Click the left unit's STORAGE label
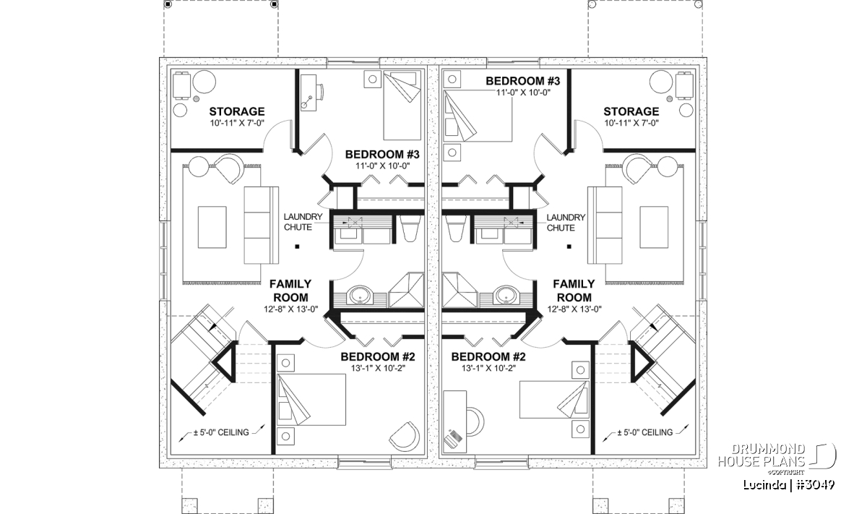[x=237, y=111]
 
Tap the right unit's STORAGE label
[x=631, y=111]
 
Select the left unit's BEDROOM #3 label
[x=382, y=155]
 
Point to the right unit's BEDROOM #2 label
[x=488, y=356]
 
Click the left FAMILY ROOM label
[x=290, y=291]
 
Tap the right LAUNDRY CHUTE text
[x=566, y=223]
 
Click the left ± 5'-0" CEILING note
[x=221, y=432]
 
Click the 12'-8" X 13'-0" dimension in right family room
[x=574, y=309]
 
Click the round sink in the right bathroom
[x=506, y=296]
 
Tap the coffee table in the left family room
[x=212, y=227]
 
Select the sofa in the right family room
[x=605, y=226]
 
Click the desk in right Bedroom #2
[x=454, y=421]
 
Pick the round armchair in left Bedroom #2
[x=405, y=437]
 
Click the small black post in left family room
[x=297, y=247]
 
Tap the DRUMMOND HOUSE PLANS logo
[x=777, y=459]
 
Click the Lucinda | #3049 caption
[x=789, y=485]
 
